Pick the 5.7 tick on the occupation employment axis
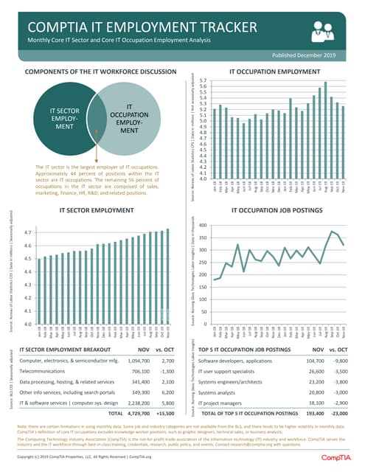coord(202,80)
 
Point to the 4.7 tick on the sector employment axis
coord(27,232)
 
